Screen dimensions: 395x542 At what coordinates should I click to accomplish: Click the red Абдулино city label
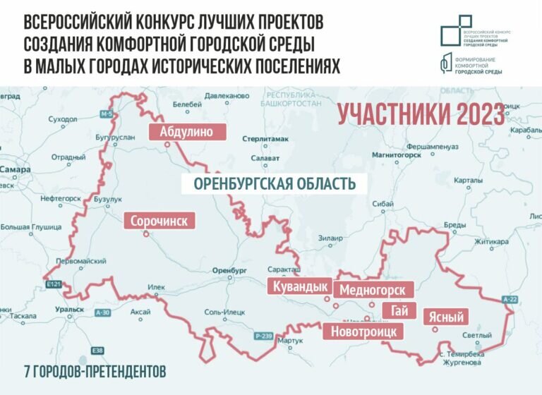point(187,132)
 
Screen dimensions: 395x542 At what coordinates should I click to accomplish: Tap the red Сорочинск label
point(159,221)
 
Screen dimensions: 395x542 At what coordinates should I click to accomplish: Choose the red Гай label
point(394,310)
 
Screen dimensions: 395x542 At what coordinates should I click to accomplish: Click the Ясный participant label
point(447,317)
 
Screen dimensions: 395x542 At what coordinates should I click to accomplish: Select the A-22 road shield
point(510,299)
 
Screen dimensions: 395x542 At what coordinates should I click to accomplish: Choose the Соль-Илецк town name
point(222,311)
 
